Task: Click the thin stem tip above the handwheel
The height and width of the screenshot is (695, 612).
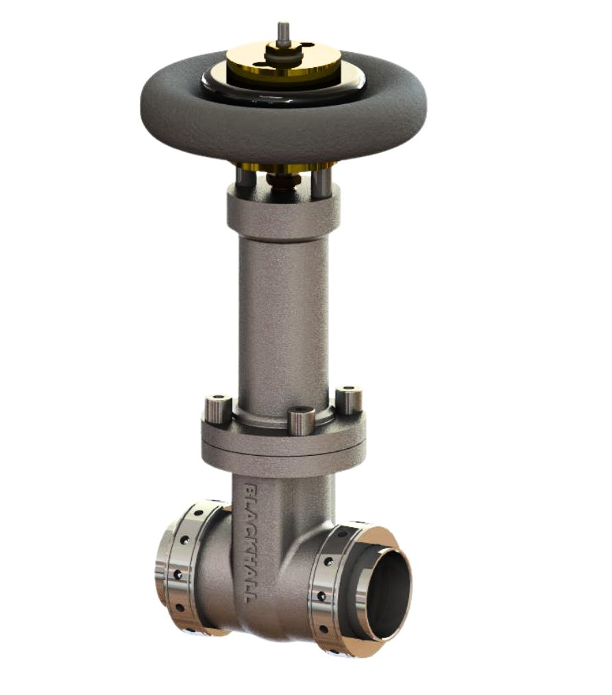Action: coord(283,31)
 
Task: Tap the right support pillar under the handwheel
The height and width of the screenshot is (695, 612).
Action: coord(321,179)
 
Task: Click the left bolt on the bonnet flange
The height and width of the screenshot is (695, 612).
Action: coord(216,409)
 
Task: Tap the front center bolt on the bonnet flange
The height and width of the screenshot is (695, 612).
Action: coord(301,419)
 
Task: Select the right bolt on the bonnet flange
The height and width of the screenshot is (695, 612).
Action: coord(349,399)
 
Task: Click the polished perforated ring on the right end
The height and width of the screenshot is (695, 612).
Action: coord(329,583)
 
